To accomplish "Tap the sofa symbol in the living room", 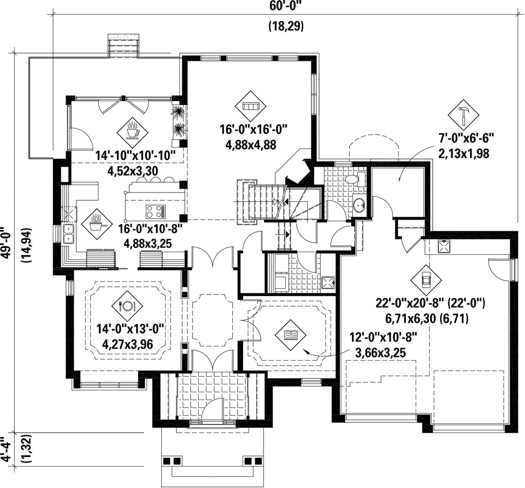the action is tap(251, 106).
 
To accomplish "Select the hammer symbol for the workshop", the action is tap(464, 115).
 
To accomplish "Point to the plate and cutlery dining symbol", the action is tap(127, 305).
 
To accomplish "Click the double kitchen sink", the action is tap(69, 234).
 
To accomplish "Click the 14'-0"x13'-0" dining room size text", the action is tap(130, 328).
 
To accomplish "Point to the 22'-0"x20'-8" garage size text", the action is tap(430, 303).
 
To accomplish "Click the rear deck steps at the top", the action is tap(123, 46).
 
